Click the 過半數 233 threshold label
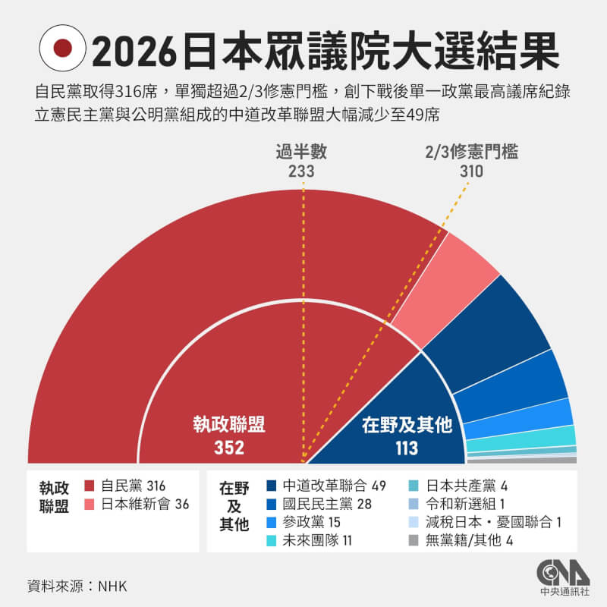[x=301, y=160]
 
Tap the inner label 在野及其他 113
[x=407, y=436]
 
